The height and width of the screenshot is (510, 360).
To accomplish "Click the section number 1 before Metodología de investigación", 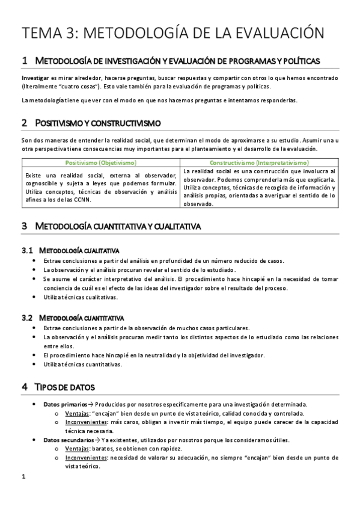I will [x=24, y=61].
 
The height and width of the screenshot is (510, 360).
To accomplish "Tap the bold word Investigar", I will [x=34, y=78].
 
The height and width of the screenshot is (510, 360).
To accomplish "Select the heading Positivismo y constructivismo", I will [x=99, y=123].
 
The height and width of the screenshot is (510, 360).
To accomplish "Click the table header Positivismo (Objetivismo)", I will [x=100, y=162].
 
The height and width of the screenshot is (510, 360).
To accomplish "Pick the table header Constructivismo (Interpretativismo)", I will [x=259, y=162].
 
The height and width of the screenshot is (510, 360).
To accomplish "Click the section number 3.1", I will [x=26, y=250].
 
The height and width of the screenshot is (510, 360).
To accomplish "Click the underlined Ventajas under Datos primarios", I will [x=78, y=413].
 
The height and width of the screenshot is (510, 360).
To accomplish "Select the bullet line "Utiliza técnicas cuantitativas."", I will [x=83, y=364].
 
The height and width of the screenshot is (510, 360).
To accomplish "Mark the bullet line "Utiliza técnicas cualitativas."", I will [x=81, y=296].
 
